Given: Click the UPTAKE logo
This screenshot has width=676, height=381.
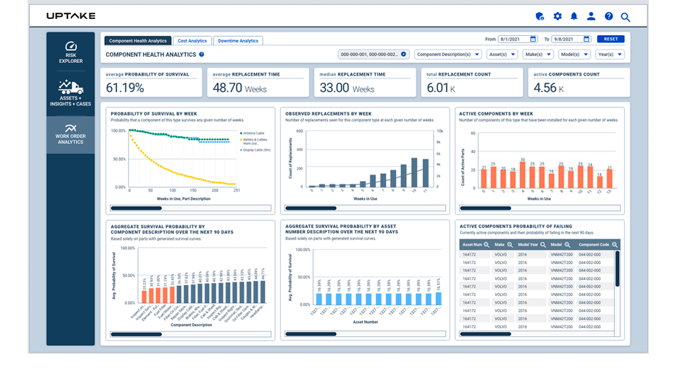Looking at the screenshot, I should pos(71,16).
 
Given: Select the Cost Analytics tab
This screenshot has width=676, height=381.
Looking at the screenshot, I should pos(193,41).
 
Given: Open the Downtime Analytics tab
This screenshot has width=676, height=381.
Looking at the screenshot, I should pos(238,41).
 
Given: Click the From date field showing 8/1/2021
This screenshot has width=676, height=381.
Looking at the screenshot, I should pos(517,39).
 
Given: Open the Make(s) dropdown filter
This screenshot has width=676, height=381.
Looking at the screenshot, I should pos(538,54).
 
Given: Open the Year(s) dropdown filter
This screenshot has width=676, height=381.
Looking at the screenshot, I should pos(610,54).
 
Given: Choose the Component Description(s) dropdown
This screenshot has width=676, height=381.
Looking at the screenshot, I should pos(448,54).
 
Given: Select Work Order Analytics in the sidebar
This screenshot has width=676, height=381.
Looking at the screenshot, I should pos(70,134).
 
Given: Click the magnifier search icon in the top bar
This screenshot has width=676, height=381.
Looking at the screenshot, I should pos(625,17).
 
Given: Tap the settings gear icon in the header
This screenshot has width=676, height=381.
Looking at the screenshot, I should pos(557,16).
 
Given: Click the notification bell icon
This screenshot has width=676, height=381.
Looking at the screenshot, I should pos(574,16).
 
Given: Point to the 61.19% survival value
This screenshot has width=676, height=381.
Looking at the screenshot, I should pos(125,87).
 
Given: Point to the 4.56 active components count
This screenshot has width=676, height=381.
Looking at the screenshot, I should pos(545,87).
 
